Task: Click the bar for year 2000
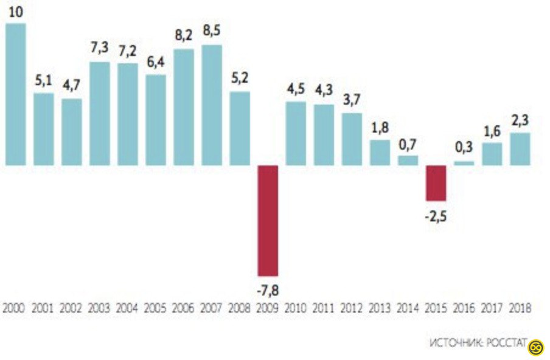[x=15, y=94]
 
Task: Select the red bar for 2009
[x=268, y=221]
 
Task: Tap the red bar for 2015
[x=436, y=183]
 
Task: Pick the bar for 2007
[x=212, y=105]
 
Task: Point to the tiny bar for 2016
[x=464, y=163]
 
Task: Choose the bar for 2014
[x=408, y=160]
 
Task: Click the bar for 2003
[x=100, y=114]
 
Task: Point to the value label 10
[x=16, y=12]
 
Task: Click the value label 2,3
[x=520, y=121]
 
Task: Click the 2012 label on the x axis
[x=352, y=308]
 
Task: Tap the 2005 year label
[x=156, y=308]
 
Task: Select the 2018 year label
[x=520, y=308]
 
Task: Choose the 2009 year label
[x=268, y=308]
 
